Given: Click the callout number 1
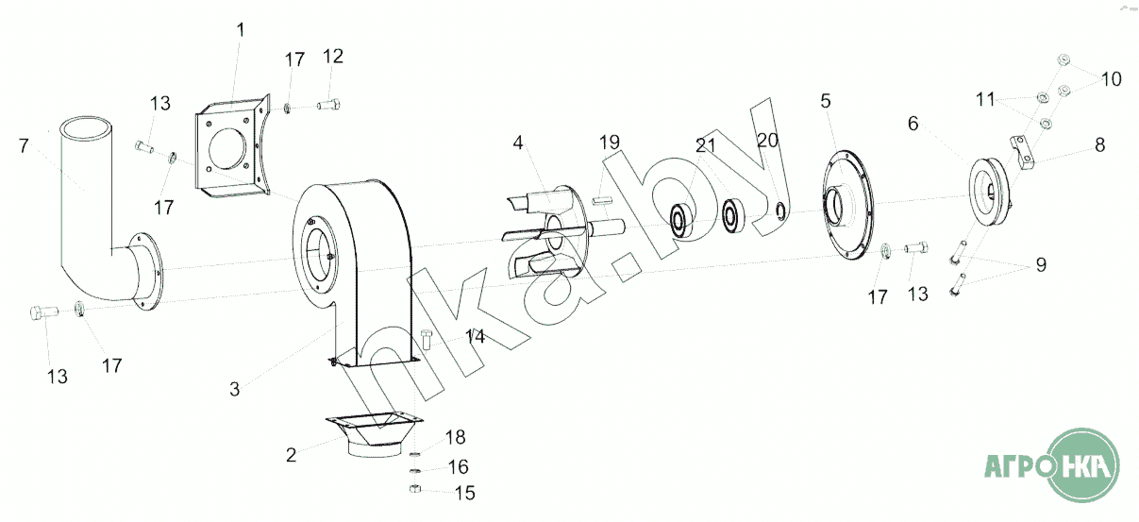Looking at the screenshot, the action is pyautogui.click(x=241, y=30).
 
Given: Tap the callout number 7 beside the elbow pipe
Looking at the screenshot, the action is pyautogui.click(x=24, y=146).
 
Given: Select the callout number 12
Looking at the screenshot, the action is pyautogui.click(x=332, y=56).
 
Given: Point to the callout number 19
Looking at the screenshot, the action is pyautogui.click(x=610, y=143).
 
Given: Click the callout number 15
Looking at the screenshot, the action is pyautogui.click(x=464, y=493).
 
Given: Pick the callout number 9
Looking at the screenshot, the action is pyautogui.click(x=1041, y=264).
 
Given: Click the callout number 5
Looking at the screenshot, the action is pyautogui.click(x=826, y=101).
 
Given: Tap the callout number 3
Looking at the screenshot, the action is pyautogui.click(x=234, y=389).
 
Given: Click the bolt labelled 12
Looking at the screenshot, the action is pyautogui.click(x=329, y=106).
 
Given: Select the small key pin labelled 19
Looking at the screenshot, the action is pyautogui.click(x=600, y=200).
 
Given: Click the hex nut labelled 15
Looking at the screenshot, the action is pyautogui.click(x=414, y=489).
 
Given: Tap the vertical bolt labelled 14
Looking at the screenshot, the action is pyautogui.click(x=427, y=339).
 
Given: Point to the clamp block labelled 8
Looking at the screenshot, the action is pyautogui.click(x=1022, y=153).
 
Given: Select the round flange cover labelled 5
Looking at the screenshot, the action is pyautogui.click(x=847, y=205).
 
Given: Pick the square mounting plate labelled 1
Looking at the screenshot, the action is pyautogui.click(x=233, y=147).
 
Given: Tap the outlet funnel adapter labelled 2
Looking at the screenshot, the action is pyautogui.click(x=375, y=435).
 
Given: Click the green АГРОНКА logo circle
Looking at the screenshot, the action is pyautogui.click(x=1083, y=464).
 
